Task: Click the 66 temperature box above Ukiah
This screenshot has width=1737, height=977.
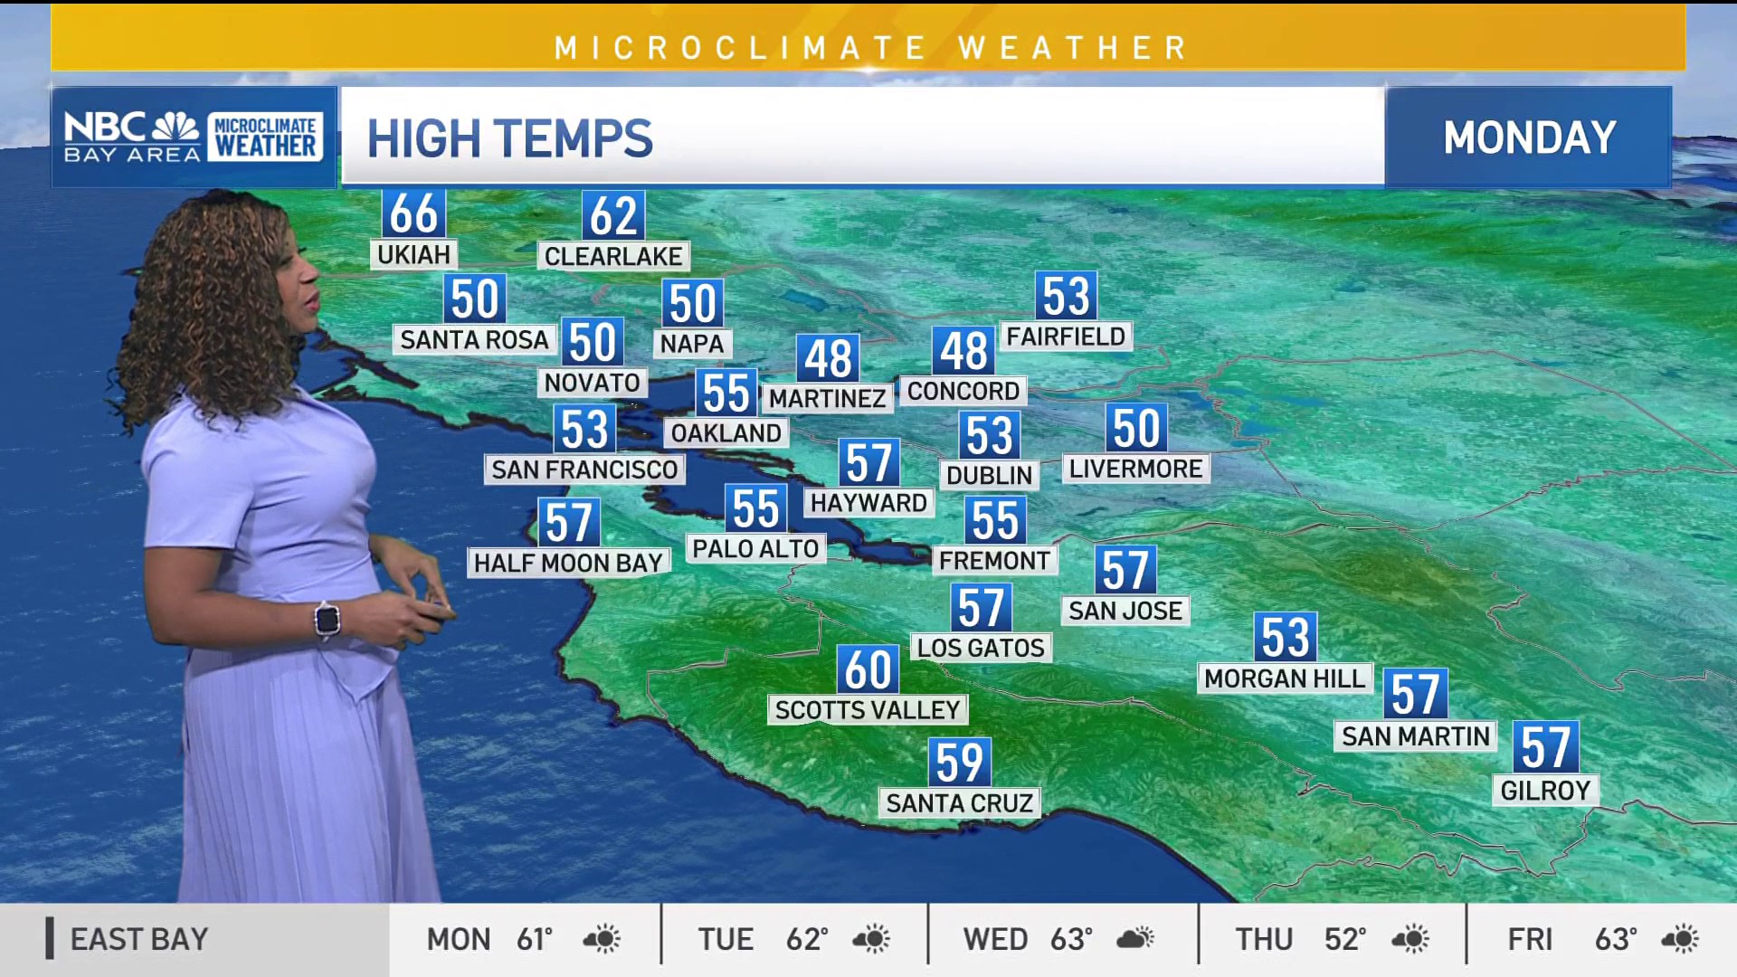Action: [x=413, y=213]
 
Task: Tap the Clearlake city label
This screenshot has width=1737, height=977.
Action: [x=613, y=256]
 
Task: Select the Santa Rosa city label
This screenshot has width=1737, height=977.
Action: [x=474, y=339]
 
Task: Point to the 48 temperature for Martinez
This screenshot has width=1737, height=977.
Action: [x=828, y=358]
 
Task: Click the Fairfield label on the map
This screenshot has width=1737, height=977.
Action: [x=1066, y=337]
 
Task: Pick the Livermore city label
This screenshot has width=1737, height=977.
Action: [x=1135, y=469]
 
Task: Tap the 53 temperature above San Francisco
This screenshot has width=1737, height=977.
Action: [x=584, y=429]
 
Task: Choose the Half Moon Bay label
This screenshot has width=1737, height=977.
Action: [x=568, y=563]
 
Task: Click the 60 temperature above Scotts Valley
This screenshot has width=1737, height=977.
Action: [x=868, y=669]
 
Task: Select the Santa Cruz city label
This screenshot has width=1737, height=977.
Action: [x=959, y=803]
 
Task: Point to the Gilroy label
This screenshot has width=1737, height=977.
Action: [x=1545, y=791]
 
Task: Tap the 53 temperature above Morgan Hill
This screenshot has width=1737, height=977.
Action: [x=1285, y=637]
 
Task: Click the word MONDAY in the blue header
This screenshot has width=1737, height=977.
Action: [x=1529, y=138]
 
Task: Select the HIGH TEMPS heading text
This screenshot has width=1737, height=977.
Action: [x=509, y=138]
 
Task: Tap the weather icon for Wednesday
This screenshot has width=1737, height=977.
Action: [x=1135, y=939]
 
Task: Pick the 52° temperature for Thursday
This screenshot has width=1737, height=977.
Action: [x=1344, y=939]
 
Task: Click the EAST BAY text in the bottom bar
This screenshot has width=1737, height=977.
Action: [x=139, y=939]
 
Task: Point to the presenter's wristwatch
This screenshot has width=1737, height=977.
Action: [x=327, y=620]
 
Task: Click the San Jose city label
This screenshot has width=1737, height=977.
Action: [x=1125, y=611]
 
